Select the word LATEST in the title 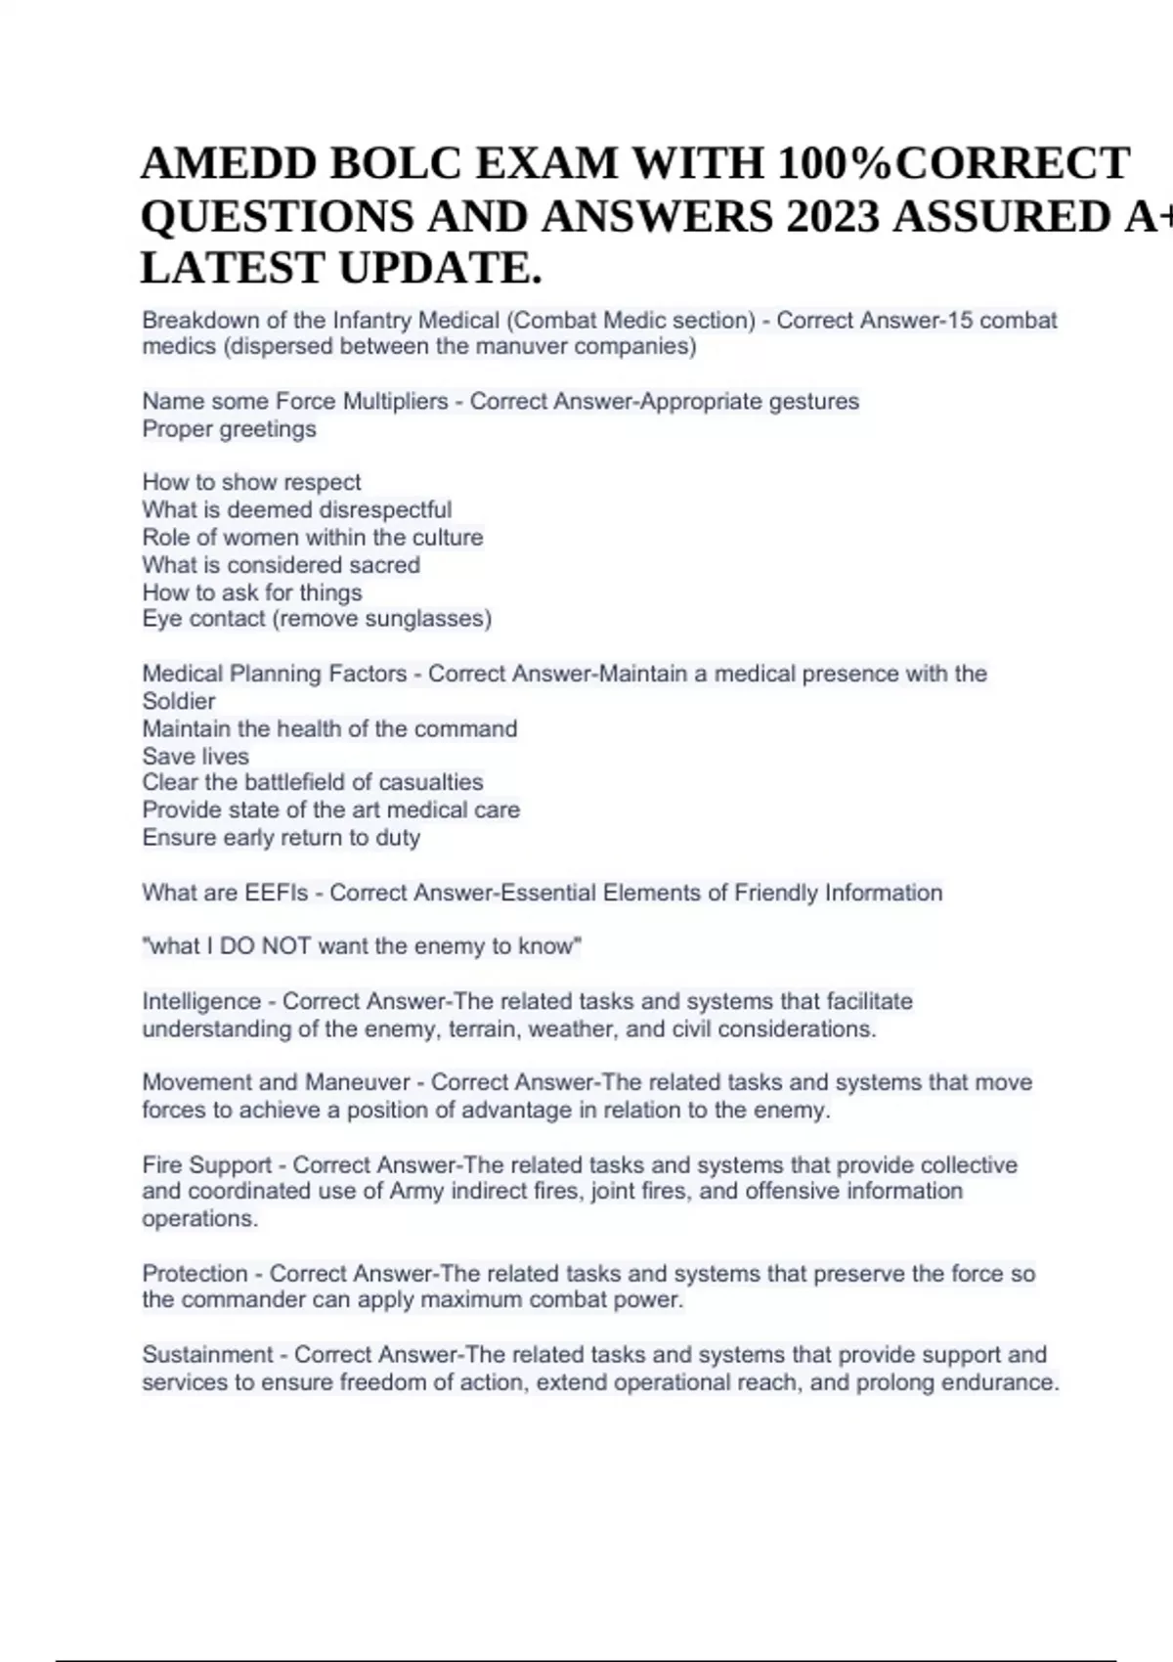click(233, 268)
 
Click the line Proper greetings click(229, 428)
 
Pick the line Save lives click(195, 756)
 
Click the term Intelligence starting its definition click(201, 1001)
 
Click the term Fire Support click(206, 1164)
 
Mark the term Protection click(195, 1273)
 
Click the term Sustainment click(207, 1354)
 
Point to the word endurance click(1005, 1382)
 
